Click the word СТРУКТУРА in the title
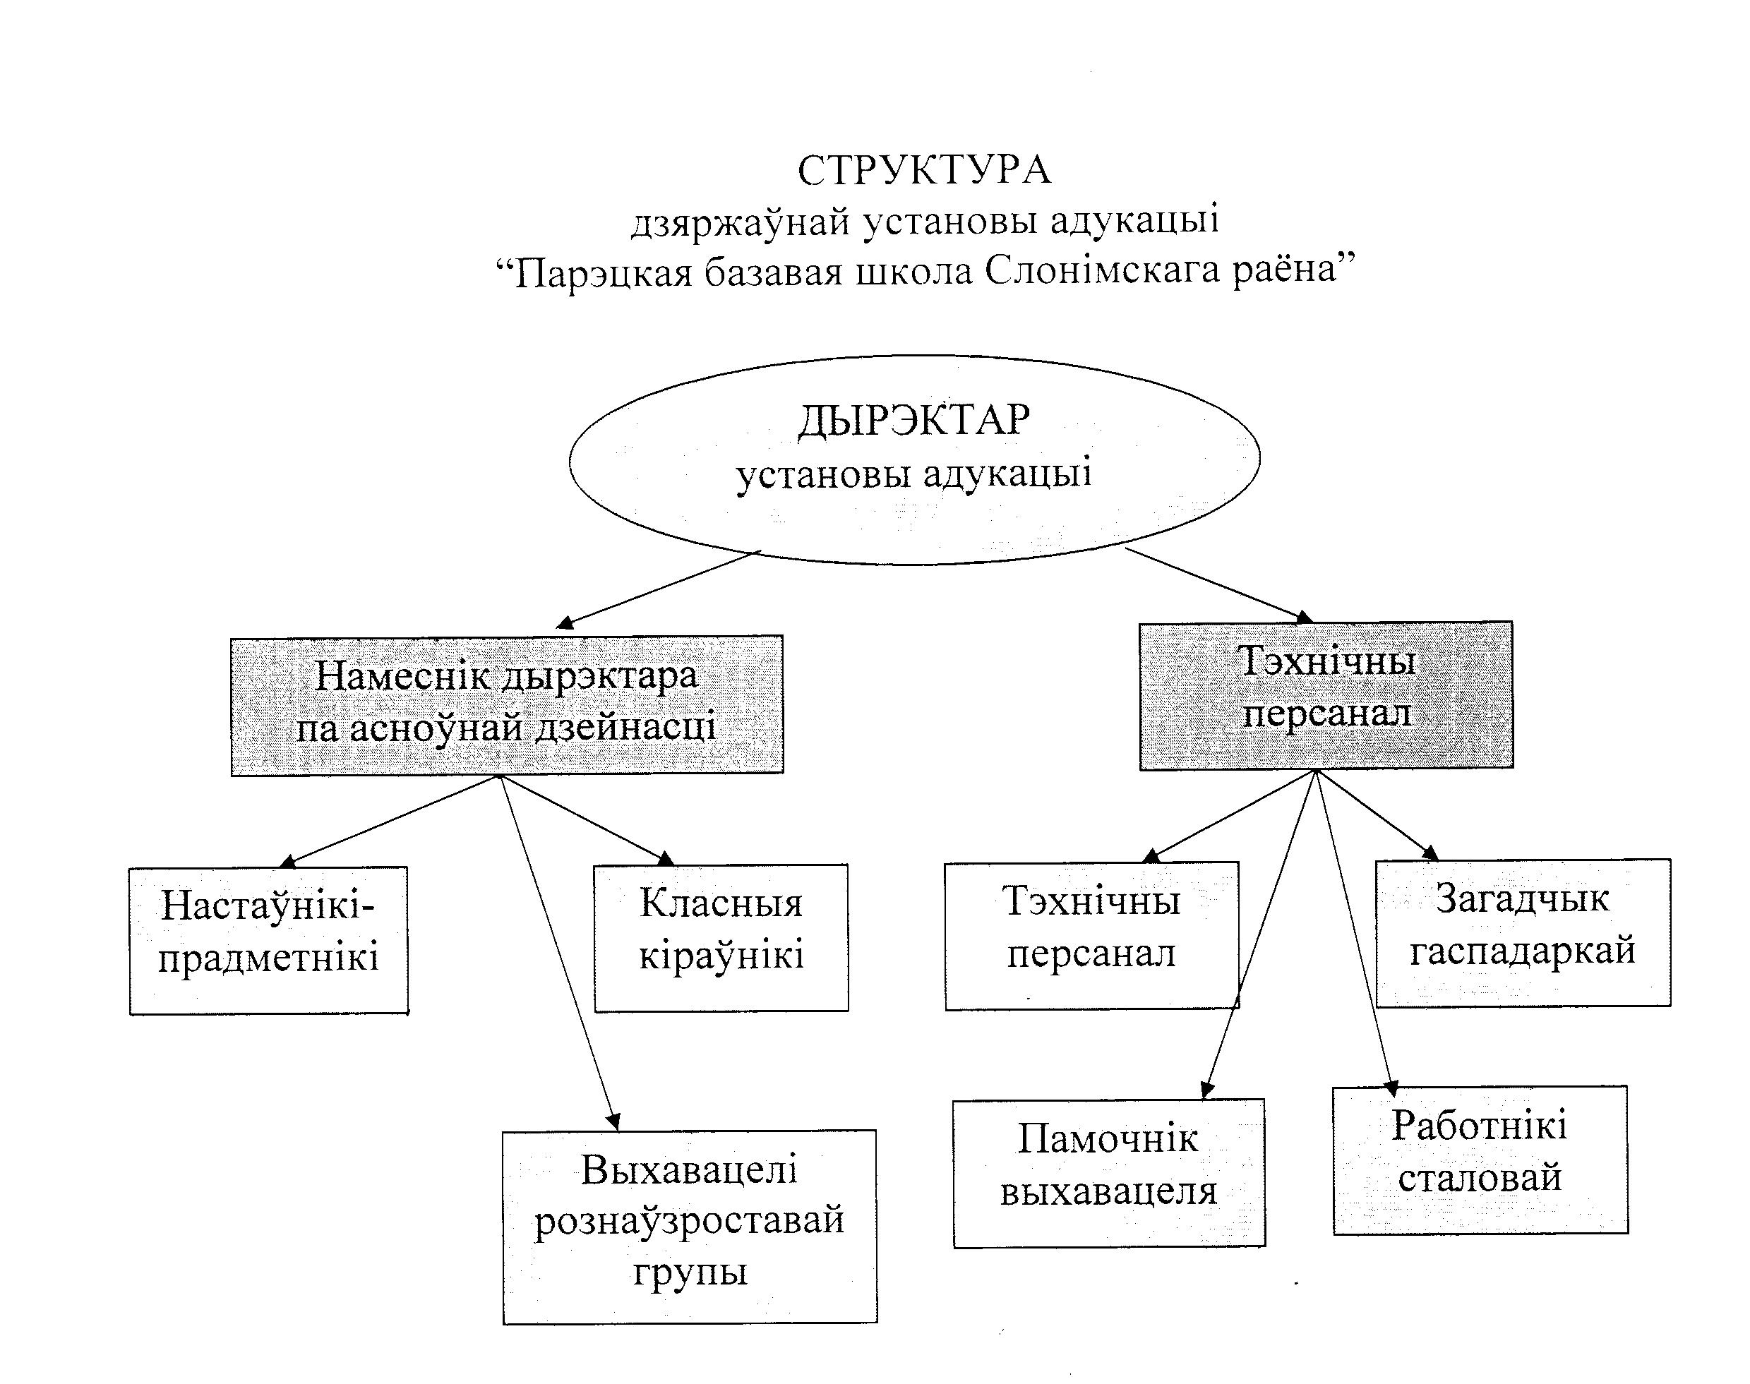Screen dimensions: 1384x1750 924,171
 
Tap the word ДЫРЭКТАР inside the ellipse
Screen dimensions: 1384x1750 914,421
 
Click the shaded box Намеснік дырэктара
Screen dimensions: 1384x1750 507,705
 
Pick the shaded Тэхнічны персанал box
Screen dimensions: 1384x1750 1326,695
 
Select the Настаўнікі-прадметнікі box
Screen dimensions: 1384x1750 268,940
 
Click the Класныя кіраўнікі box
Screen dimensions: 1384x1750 721,937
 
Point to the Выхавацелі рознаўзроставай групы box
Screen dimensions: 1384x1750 689,1226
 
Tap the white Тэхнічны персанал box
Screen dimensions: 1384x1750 1091,935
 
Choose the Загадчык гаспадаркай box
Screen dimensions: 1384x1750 1522,932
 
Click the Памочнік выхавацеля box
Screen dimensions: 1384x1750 1108,1173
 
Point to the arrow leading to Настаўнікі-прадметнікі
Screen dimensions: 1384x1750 389,820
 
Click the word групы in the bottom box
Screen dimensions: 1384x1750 690,1272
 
